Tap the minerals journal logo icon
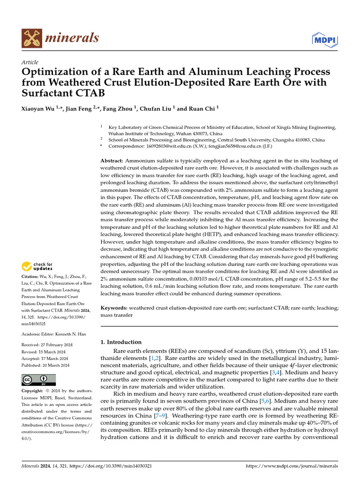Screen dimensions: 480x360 pyautogui.click(x=31, y=38)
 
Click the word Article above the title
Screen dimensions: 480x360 pyautogui.click(x=30, y=62)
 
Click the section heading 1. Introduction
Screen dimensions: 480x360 pyautogui.click(x=121, y=342)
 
